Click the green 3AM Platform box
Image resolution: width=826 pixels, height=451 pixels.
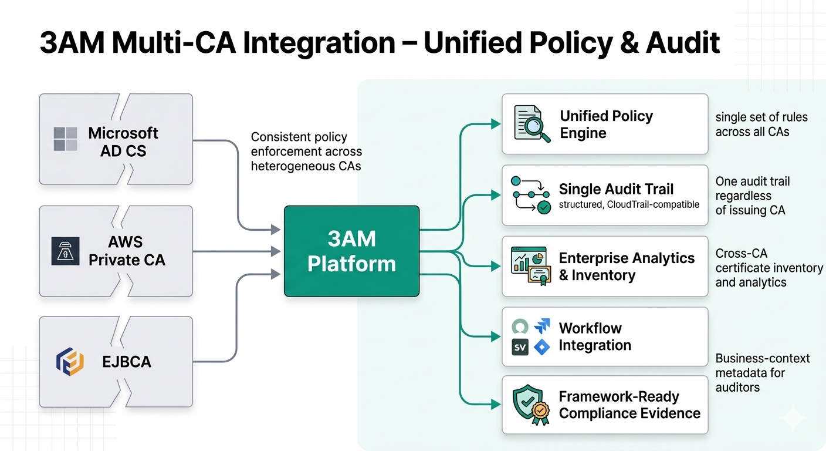pos(351,251)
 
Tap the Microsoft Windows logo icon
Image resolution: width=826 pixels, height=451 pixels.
pos(65,139)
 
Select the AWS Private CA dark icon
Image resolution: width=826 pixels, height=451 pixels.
pos(65,251)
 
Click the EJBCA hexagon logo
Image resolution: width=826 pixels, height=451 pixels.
pos(70,361)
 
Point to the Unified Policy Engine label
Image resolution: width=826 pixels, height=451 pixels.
pos(606,124)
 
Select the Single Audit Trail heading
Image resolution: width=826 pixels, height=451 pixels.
pos(616,189)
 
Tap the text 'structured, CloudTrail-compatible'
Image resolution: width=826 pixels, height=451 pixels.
pos(629,205)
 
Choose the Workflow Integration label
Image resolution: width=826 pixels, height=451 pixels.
pos(595,336)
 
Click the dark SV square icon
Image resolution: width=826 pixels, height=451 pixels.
pos(520,347)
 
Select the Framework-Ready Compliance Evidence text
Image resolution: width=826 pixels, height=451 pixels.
pos(629,405)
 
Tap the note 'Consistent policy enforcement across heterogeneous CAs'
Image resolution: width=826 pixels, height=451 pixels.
pos(306,152)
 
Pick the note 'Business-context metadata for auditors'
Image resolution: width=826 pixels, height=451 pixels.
pos(762,373)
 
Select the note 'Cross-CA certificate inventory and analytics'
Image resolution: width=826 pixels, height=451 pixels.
pos(769,268)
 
